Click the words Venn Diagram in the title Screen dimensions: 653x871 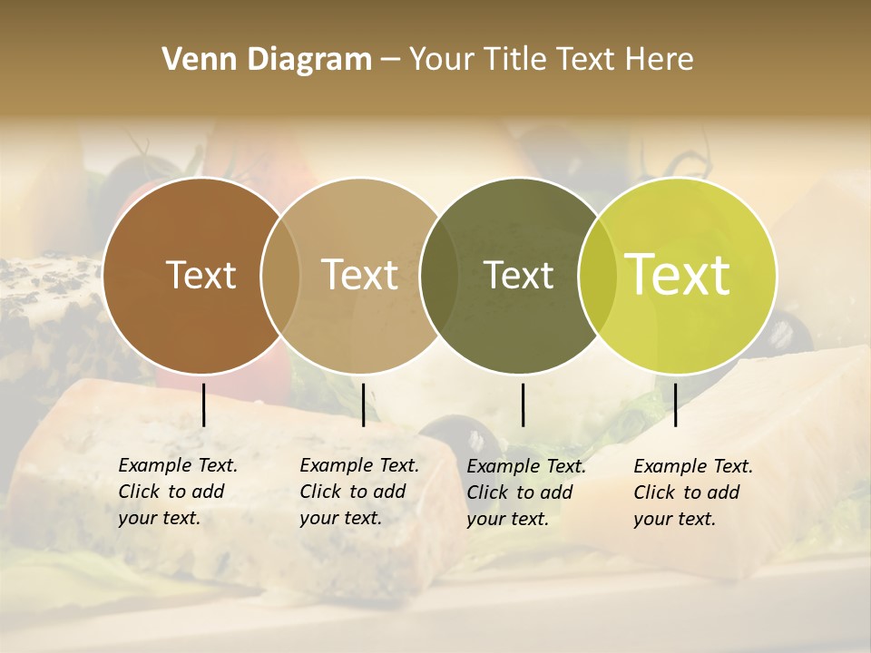tap(267, 60)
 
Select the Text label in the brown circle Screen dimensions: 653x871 tap(201, 275)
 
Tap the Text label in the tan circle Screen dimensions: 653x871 tap(359, 275)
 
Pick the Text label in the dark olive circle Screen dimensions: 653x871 tap(518, 275)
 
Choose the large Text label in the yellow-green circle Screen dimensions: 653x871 tap(678, 275)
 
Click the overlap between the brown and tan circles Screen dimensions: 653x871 tap(280, 276)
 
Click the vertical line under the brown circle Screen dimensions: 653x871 tap(203, 404)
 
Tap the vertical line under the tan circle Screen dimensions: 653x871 tap(363, 404)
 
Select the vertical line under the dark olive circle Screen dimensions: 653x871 tap(523, 404)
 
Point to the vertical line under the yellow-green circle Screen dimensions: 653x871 tap(675, 404)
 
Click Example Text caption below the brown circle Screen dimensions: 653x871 tap(177, 492)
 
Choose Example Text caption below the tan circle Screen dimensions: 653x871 tap(358, 492)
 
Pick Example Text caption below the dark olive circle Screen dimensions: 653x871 tap(525, 492)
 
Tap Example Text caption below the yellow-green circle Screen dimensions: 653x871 tap(692, 492)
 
